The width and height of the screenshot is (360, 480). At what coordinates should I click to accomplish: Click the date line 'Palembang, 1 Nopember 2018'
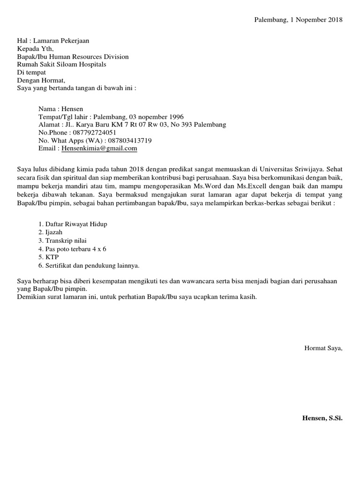(298, 20)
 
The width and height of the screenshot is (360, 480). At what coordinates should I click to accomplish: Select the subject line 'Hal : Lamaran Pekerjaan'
(53, 41)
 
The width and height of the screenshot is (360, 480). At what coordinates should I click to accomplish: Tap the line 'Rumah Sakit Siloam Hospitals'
(61, 64)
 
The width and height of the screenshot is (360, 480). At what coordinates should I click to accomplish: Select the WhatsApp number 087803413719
(130, 141)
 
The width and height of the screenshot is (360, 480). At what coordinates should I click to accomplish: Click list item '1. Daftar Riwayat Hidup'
(73, 224)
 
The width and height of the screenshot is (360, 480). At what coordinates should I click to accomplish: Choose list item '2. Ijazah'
(51, 232)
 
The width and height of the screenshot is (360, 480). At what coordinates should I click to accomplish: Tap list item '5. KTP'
(49, 257)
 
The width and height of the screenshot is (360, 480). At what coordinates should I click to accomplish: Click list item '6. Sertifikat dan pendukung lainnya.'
(89, 265)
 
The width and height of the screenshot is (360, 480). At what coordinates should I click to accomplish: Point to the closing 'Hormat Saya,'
(323, 348)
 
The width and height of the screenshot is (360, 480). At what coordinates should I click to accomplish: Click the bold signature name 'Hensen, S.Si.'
(322, 418)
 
